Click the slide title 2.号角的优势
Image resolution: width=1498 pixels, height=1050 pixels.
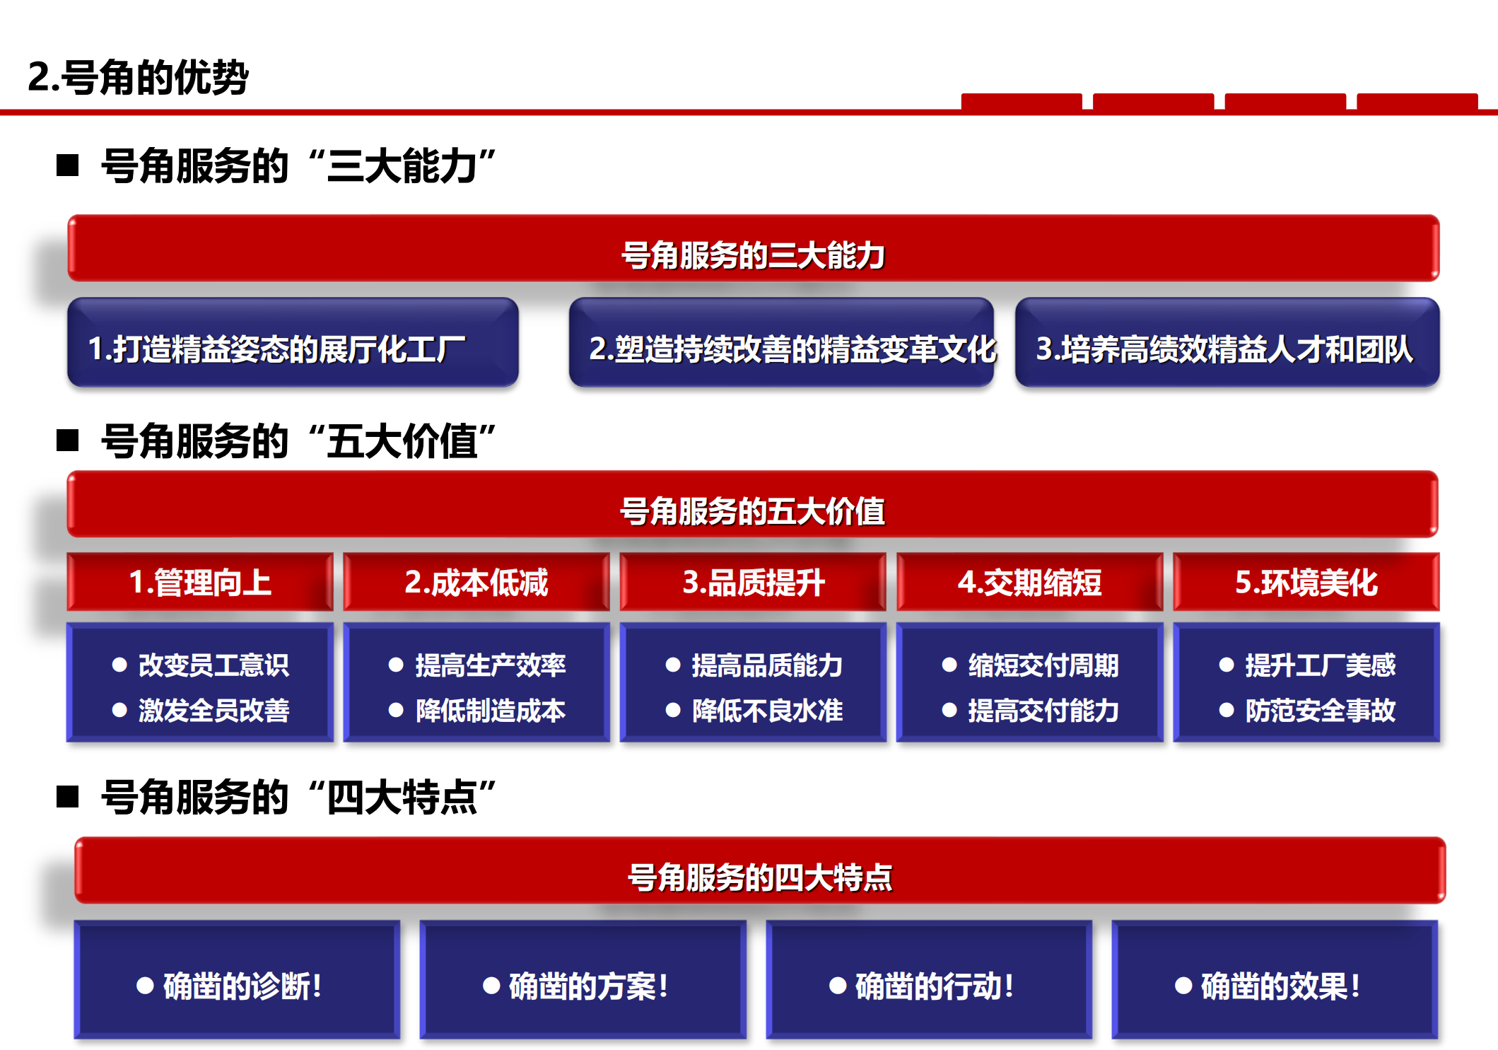(138, 77)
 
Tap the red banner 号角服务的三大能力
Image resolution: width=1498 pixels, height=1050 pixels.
(754, 248)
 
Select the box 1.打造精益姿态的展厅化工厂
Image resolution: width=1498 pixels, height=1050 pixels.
(293, 342)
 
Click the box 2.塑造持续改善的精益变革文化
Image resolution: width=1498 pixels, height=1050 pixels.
(781, 342)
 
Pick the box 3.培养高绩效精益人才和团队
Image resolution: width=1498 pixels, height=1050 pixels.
(1227, 342)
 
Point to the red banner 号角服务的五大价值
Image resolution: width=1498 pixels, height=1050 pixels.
(753, 504)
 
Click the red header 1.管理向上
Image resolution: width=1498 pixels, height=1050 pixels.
(200, 582)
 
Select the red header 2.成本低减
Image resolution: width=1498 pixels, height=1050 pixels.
(476, 582)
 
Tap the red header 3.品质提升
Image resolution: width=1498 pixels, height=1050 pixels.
(753, 582)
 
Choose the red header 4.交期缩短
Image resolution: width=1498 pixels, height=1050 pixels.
(1030, 582)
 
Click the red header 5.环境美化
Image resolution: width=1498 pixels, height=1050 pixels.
(1306, 582)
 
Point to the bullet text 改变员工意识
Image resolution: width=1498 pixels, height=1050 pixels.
(213, 665)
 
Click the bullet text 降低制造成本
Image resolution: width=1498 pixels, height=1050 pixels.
(491, 711)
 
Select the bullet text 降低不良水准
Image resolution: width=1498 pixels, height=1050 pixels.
(768, 711)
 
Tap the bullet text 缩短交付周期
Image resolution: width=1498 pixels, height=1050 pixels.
(1043, 665)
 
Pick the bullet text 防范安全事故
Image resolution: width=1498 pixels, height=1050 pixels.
(1321, 711)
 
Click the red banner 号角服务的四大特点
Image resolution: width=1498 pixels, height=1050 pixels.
(760, 870)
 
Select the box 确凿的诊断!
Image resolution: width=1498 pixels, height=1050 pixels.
(237, 979)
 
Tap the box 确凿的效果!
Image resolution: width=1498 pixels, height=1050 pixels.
(1275, 979)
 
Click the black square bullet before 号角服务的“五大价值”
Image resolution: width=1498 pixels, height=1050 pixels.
(67, 441)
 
